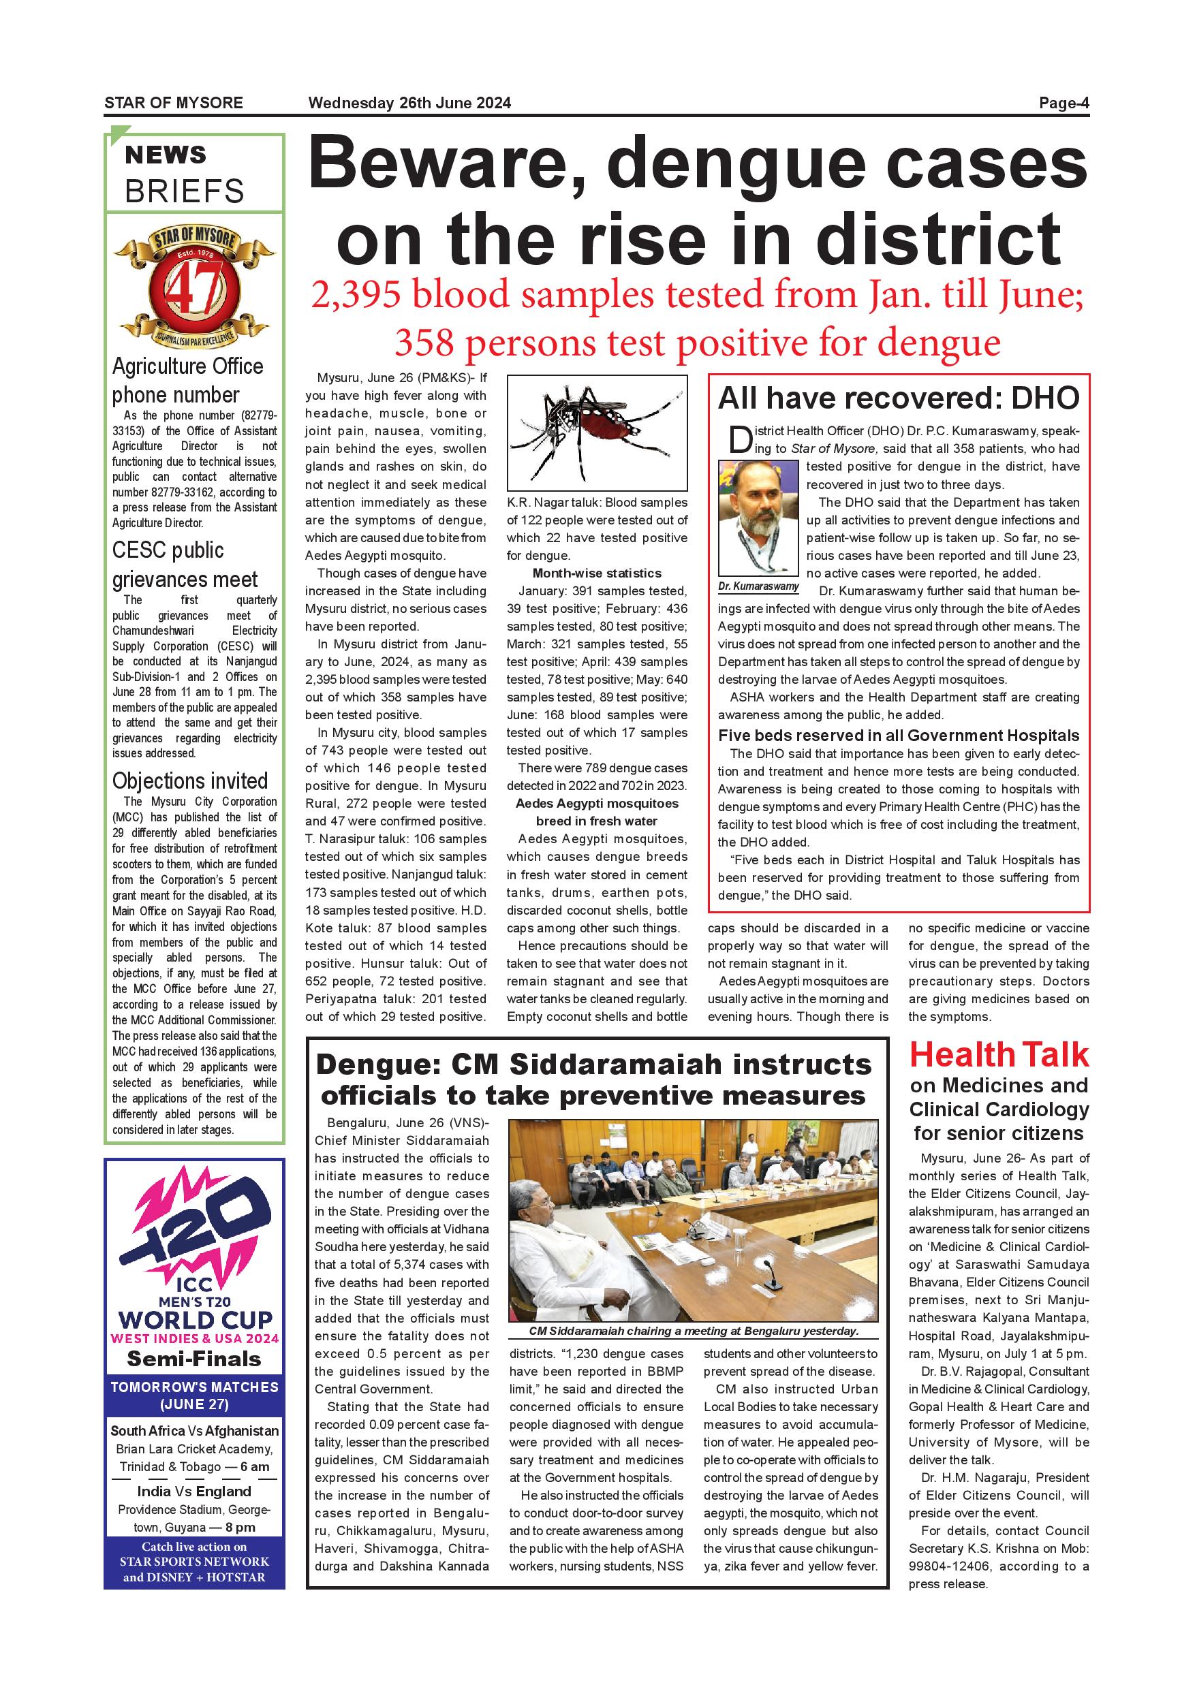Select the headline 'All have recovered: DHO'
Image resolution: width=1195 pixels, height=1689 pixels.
[898, 398]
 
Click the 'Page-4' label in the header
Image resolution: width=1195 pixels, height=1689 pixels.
[1064, 103]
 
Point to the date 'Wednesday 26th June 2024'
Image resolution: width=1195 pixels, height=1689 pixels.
[409, 103]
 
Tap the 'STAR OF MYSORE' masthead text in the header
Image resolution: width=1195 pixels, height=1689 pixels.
[174, 103]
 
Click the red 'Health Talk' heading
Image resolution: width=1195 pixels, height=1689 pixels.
[999, 1055]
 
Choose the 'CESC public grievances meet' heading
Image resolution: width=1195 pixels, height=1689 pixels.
[185, 564]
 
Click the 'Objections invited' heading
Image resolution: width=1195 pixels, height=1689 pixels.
[190, 780]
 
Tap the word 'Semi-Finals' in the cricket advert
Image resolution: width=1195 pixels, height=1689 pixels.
[194, 1359]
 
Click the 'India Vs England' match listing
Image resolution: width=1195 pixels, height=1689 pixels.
[194, 1491]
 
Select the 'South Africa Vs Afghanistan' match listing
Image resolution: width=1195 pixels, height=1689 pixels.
[194, 1431]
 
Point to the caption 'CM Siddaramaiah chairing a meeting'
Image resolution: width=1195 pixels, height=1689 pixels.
[693, 1331]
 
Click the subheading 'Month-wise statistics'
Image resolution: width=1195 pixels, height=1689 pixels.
[597, 573]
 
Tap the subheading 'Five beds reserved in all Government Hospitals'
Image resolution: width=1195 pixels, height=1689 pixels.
[899, 736]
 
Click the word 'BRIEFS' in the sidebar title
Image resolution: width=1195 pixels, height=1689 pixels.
[184, 191]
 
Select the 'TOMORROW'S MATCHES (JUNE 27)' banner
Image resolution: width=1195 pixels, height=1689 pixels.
[194, 1395]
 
